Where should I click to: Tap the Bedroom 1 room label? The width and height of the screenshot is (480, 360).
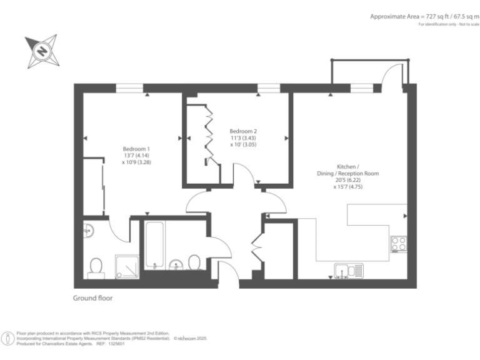click(136, 148)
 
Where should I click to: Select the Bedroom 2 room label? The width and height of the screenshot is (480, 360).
click(243, 131)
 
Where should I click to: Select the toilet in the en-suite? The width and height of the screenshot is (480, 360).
click(96, 267)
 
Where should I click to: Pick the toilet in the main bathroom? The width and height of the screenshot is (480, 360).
click(194, 262)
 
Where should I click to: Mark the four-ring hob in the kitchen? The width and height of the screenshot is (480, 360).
click(398, 244)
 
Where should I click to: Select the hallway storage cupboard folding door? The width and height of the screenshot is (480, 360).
click(256, 247)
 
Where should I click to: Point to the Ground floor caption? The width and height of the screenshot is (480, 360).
click(93, 299)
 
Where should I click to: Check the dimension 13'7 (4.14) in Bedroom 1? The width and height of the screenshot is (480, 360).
click(136, 155)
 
